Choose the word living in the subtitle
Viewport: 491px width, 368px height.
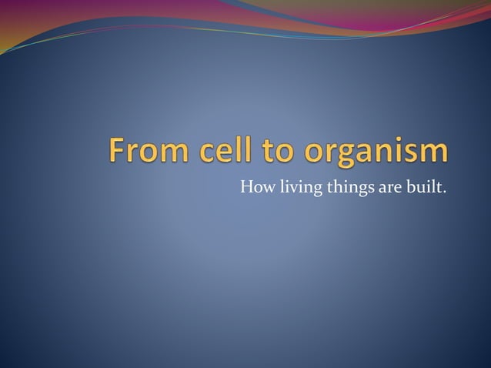[x=294, y=187]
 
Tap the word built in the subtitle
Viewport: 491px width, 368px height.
[x=423, y=186]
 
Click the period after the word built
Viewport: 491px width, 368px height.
[x=443, y=190]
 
